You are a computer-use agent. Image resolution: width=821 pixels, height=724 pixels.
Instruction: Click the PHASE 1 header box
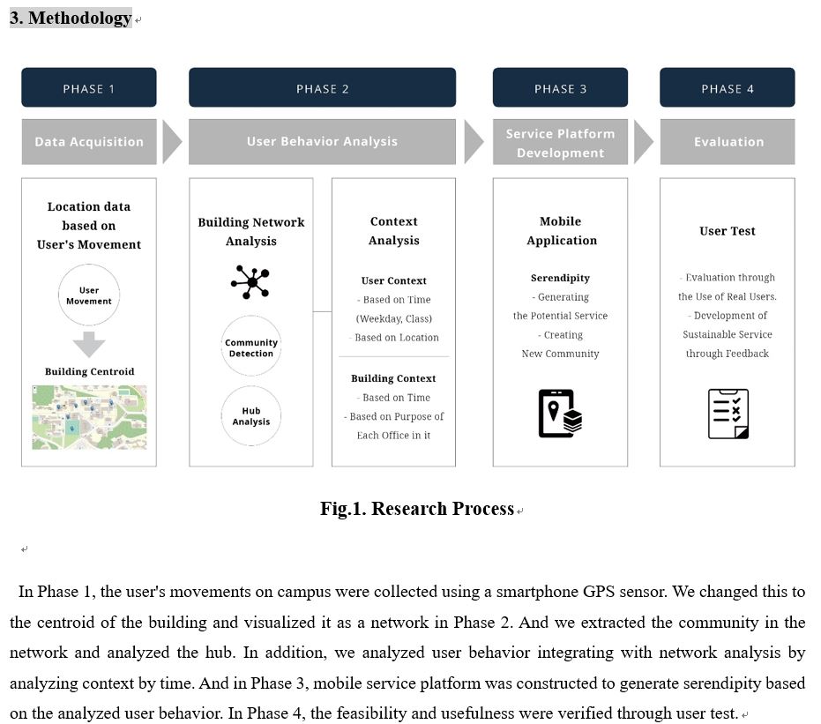point(89,88)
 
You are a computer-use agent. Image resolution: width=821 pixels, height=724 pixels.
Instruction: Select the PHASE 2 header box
point(322,88)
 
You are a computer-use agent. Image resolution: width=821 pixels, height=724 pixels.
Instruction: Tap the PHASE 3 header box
point(560,88)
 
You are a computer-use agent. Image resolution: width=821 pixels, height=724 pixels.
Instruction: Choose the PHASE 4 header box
point(727,88)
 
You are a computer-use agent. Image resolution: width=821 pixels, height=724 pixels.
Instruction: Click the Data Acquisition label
point(89,142)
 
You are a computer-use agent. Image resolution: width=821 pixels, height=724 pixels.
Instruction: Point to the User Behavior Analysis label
point(322,142)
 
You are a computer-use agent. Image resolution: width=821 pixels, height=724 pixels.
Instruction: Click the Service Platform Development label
point(560,143)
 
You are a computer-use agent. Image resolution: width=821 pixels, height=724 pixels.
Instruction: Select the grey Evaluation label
point(728,142)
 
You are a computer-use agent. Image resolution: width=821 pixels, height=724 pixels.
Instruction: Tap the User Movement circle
point(89,295)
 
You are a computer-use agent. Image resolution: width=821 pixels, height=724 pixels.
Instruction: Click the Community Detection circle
point(251,347)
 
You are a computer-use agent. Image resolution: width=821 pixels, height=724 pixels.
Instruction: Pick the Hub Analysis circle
point(251,416)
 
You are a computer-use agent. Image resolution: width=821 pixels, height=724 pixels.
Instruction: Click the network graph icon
point(250,282)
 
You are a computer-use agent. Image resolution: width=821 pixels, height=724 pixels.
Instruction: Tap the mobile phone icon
point(560,413)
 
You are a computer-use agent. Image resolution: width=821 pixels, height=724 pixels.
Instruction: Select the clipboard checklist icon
point(728,414)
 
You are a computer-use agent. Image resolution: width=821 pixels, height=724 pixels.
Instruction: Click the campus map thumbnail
point(89,417)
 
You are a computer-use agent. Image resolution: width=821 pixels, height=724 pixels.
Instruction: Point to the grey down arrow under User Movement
point(89,343)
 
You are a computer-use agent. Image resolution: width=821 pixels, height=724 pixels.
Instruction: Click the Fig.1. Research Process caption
point(417,509)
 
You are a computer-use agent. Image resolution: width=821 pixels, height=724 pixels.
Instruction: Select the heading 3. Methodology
point(71,18)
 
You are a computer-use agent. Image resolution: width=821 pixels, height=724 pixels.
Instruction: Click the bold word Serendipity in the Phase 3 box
point(560,278)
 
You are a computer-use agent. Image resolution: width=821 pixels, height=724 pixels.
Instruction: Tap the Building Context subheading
point(393,378)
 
